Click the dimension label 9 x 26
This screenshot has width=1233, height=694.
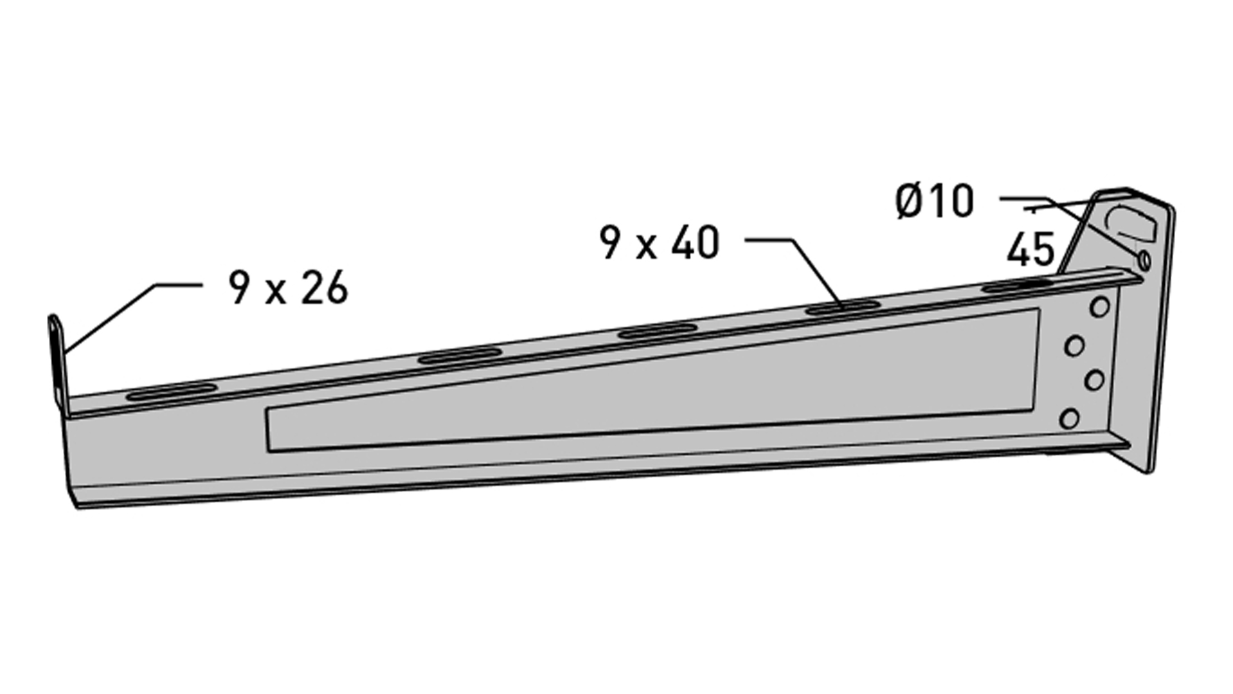(x=288, y=287)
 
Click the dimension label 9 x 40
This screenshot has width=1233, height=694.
(x=660, y=244)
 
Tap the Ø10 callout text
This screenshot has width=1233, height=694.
(x=934, y=201)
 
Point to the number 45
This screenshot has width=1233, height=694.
(x=1031, y=249)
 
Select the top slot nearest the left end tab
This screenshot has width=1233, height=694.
(x=171, y=391)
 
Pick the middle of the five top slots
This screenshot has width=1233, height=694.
(x=658, y=331)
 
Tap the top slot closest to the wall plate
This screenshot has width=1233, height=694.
(x=1019, y=284)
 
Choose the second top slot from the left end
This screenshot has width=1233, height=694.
(x=459, y=355)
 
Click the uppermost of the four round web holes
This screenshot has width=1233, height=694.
(x=1100, y=307)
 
